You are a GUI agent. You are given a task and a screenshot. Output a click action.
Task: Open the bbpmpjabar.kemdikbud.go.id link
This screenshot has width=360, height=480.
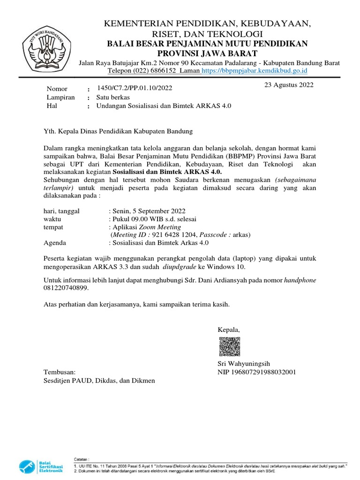tap(254, 70)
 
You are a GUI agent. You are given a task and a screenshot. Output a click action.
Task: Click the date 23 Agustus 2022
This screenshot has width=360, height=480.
tap(289, 85)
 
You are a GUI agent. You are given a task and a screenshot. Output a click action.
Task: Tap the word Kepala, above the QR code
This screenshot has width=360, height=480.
tap(228, 330)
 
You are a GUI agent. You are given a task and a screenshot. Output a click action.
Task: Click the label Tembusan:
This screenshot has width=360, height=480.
tap(59, 372)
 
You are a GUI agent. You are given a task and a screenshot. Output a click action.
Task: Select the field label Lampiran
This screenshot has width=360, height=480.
tap(61, 97)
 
